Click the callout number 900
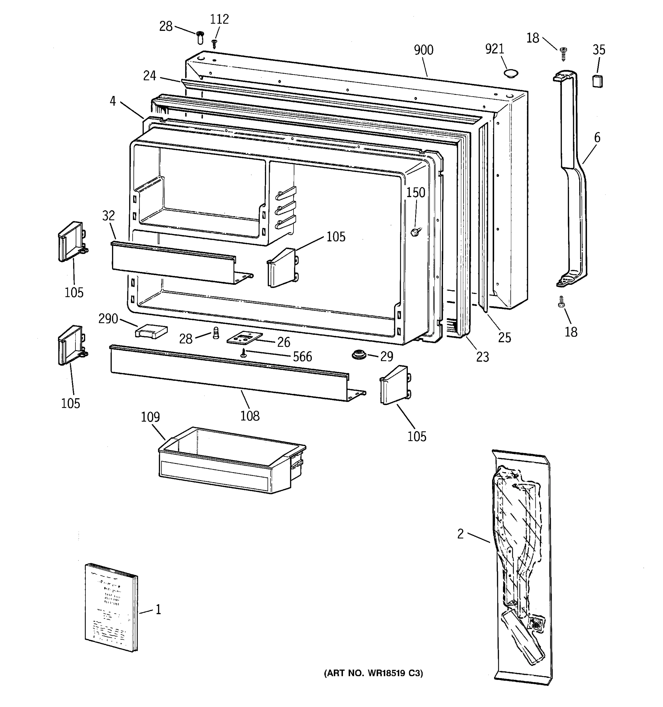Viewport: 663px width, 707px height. pos(423,50)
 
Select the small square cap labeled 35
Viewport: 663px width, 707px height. pos(597,81)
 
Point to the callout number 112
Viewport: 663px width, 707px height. pos(219,19)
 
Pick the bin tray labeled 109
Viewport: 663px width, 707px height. pos(228,460)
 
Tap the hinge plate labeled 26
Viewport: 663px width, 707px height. pos(244,338)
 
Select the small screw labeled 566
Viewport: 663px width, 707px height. pos(244,353)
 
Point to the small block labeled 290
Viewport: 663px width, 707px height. pos(151,332)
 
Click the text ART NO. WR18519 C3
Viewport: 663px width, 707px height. pos(373,673)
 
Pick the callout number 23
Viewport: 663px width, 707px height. pos(482,357)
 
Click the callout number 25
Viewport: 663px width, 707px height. pos(504,337)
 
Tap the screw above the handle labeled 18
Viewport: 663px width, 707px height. pos(563,53)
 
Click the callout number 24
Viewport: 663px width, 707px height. pos(149,75)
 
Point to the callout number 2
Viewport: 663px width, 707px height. pos(460,534)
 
